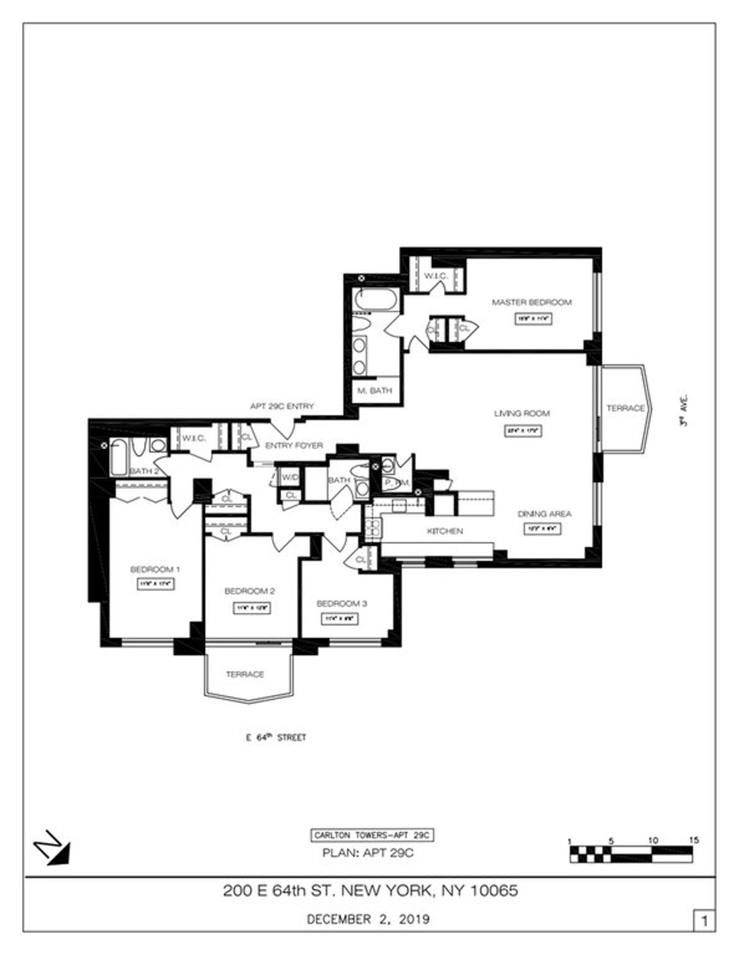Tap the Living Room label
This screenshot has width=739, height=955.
522,413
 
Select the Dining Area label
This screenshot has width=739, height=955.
544,514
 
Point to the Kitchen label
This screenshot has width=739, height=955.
445,531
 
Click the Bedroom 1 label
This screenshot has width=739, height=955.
155,569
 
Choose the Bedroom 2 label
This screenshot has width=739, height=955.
249,591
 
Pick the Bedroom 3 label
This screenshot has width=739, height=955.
342,603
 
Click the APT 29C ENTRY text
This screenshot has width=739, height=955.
281,406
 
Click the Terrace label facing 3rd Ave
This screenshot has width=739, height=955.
625,408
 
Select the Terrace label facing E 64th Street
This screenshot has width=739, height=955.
244,674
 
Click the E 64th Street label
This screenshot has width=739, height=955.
274,738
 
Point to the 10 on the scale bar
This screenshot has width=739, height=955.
653,840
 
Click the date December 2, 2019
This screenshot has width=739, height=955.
368,920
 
